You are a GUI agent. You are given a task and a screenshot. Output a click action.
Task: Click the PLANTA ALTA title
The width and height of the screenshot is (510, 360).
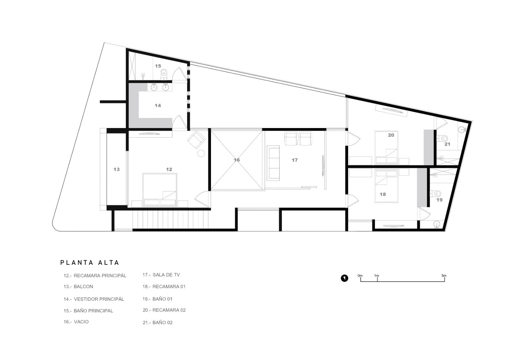(x=90, y=263)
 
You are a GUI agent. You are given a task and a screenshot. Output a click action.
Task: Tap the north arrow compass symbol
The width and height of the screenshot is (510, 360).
(x=344, y=278)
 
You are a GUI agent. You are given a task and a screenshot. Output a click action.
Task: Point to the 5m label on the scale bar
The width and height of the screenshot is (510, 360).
(x=444, y=276)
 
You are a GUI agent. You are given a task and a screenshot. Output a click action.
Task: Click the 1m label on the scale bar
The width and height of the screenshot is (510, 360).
(x=376, y=276)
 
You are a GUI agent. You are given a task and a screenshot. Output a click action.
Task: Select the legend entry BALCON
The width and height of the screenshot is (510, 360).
(x=78, y=286)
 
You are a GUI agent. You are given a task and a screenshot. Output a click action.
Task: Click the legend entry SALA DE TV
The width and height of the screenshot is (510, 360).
(x=161, y=275)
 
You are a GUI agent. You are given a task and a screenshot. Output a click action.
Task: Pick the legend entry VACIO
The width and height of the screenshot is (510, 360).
(x=76, y=322)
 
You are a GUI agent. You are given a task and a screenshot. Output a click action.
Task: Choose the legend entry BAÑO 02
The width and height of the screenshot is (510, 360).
(x=157, y=322)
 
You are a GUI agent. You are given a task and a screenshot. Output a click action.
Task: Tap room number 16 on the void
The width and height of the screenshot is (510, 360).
(x=237, y=160)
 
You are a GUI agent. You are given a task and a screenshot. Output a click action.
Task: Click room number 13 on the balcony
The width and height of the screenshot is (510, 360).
(x=116, y=169)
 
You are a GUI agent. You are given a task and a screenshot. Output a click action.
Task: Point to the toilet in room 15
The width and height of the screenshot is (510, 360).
(x=164, y=75)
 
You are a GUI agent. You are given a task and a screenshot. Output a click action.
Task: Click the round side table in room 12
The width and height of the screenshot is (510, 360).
(x=201, y=153)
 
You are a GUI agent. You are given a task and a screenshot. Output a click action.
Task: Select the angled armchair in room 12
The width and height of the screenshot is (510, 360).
(x=196, y=140)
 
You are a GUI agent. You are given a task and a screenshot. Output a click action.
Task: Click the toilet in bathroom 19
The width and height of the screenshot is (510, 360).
(x=435, y=194)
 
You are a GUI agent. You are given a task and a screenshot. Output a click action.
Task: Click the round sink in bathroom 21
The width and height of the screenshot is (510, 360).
(x=462, y=130)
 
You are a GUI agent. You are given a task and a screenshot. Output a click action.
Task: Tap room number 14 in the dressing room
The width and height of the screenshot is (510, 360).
(x=158, y=105)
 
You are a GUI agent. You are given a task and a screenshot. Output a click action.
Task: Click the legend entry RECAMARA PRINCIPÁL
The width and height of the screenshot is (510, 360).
(x=95, y=276)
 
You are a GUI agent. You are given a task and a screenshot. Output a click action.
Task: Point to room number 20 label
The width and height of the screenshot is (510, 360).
(x=391, y=135)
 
